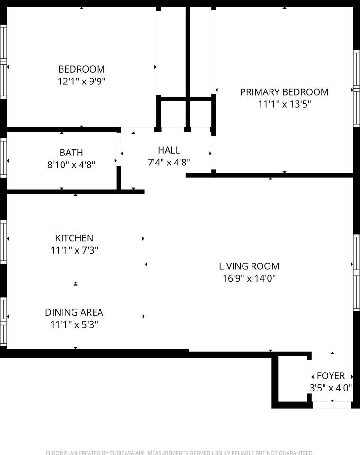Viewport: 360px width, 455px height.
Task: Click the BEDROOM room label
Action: (x=81, y=69)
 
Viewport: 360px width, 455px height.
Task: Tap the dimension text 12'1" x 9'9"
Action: (x=81, y=81)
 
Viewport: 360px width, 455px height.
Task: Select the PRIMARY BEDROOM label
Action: (x=284, y=92)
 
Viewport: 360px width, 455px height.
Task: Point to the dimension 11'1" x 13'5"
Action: (x=284, y=104)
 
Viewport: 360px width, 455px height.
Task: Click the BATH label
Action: (x=72, y=152)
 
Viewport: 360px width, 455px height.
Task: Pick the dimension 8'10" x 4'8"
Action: (x=72, y=164)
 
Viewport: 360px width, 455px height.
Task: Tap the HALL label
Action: (x=169, y=150)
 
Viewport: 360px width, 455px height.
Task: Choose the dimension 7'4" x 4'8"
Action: (x=169, y=162)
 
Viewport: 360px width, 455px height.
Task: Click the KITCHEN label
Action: (x=74, y=238)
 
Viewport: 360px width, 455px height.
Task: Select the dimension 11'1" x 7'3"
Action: (x=74, y=250)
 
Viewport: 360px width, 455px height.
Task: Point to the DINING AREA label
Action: (x=74, y=312)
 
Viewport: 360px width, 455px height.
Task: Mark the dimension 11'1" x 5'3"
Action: (x=74, y=324)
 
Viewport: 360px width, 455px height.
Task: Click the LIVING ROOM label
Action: (x=249, y=266)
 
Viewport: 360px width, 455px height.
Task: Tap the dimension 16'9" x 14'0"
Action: (x=249, y=278)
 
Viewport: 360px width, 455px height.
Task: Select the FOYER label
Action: (x=331, y=376)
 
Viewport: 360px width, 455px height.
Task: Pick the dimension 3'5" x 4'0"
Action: (x=331, y=388)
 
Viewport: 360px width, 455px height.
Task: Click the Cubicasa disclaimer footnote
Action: (x=180, y=452)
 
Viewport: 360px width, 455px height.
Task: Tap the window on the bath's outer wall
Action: (x=3, y=158)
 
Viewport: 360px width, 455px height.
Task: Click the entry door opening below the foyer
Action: (x=332, y=405)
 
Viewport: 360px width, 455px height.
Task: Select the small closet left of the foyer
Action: (x=292, y=379)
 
